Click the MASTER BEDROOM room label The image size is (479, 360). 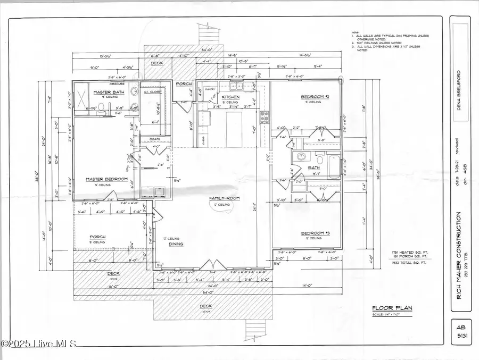point(106,179)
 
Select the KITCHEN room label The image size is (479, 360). point(230,97)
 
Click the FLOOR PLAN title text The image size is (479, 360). point(392,307)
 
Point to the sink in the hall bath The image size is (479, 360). point(301,157)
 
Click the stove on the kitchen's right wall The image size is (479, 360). point(262,116)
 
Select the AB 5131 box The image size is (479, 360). point(459,331)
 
